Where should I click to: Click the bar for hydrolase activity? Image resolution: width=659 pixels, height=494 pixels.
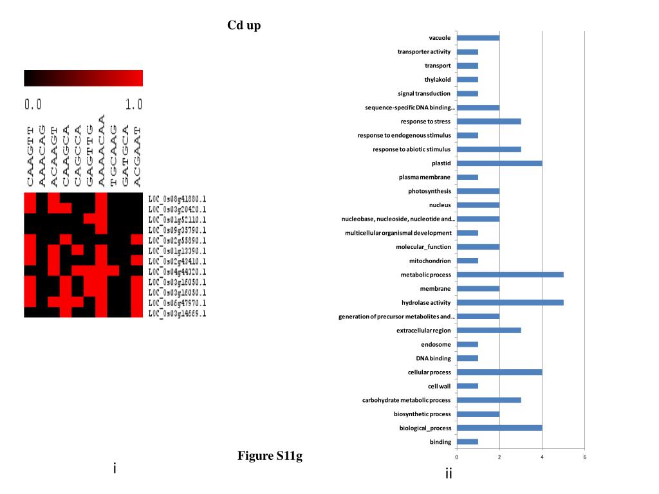click(x=510, y=302)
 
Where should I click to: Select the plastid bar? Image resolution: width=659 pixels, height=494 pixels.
click(x=499, y=163)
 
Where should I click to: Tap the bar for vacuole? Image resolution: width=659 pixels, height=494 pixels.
click(x=478, y=38)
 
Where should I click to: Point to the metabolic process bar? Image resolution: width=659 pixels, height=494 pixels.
click(x=510, y=275)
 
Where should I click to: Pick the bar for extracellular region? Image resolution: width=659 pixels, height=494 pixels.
click(x=488, y=331)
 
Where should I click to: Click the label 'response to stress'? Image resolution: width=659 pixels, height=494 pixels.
click(x=425, y=122)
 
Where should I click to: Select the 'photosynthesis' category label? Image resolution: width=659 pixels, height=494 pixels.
click(x=429, y=191)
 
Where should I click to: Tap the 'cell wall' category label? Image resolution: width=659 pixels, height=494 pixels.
click(x=440, y=386)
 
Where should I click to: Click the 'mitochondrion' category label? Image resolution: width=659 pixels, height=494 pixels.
click(x=430, y=261)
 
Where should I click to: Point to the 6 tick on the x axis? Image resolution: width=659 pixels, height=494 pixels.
click(x=584, y=457)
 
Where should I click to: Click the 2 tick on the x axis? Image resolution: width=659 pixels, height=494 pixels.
click(x=499, y=457)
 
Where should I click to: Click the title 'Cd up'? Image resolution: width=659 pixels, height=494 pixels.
click(x=244, y=26)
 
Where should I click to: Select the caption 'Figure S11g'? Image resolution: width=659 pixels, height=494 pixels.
click(x=270, y=456)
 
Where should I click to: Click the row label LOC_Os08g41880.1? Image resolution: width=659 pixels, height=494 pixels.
click(x=177, y=199)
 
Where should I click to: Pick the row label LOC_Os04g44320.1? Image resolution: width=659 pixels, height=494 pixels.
click(x=177, y=271)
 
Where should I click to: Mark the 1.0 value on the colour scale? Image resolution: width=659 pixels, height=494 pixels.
click(x=134, y=104)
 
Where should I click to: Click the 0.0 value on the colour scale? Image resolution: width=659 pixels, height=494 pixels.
click(x=33, y=104)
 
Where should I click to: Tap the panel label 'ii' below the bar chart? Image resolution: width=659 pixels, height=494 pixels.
click(x=448, y=475)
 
